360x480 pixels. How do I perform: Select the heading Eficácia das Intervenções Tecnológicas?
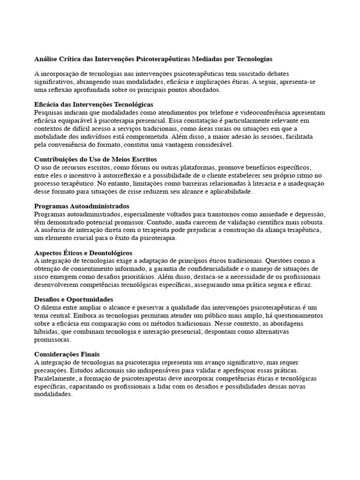tap(94, 105)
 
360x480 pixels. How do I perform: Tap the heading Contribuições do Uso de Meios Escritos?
tap(96, 160)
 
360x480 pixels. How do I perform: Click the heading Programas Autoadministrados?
tap(82, 206)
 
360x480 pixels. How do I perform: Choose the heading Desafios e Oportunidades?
tap(74, 299)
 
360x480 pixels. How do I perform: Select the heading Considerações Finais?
tap(67, 354)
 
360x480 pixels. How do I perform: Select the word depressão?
tap(306, 214)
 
